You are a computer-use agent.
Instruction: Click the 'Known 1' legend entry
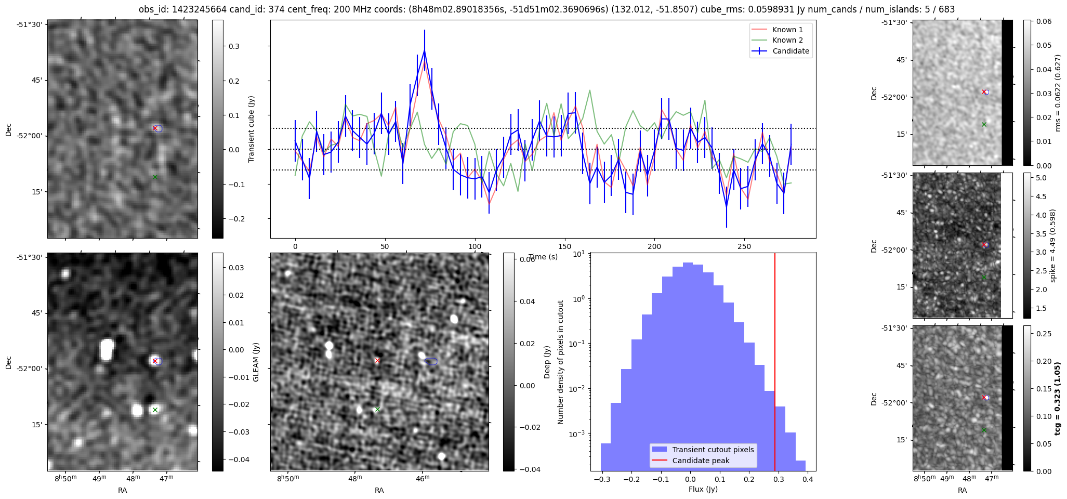point(787,30)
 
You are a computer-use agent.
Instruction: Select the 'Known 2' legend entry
point(787,40)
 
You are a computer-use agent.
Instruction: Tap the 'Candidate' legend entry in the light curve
point(791,51)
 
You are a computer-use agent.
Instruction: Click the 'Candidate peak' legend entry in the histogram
point(701,461)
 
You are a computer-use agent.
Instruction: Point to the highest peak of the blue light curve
point(425,50)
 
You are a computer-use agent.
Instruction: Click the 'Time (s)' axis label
point(543,257)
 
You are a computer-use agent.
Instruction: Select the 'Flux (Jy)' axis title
point(703,489)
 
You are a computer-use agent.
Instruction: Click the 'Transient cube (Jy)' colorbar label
point(252,129)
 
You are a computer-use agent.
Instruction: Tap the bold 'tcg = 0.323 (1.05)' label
point(1057,399)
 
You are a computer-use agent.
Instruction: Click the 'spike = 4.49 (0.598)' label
point(1053,245)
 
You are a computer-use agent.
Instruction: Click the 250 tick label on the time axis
point(744,246)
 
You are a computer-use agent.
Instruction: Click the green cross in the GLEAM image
point(155,410)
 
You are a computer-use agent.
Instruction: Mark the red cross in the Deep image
point(377,360)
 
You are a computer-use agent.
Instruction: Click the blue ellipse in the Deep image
point(431,361)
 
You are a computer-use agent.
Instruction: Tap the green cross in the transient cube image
point(155,177)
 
